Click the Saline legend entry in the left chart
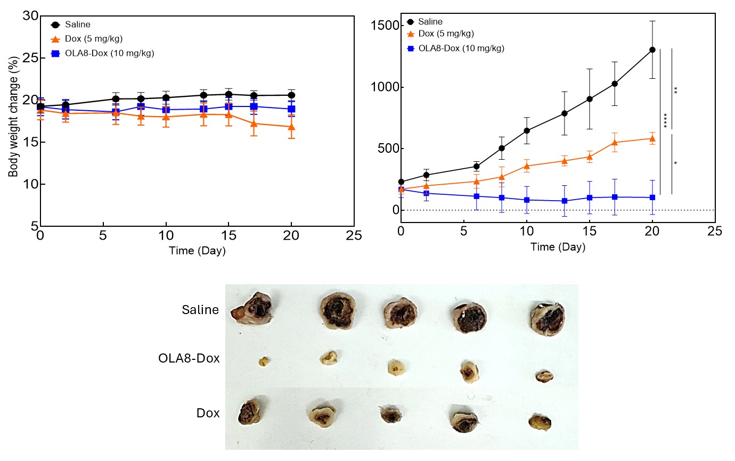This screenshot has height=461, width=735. point(77,24)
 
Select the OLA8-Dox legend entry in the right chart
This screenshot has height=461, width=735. point(461,48)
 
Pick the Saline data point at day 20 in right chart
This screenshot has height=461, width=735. point(652,50)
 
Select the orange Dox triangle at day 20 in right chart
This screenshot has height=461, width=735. point(652,138)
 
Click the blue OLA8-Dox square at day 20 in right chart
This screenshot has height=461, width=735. point(652,197)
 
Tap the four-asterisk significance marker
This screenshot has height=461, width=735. point(666,121)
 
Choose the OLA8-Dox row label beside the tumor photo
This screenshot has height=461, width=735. point(189,358)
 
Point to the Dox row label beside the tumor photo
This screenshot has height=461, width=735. point(208,413)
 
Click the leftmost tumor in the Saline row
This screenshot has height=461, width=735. point(251,308)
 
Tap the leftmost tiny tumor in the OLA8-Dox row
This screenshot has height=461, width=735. point(263,361)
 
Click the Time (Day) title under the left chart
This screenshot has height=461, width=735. point(197,251)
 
